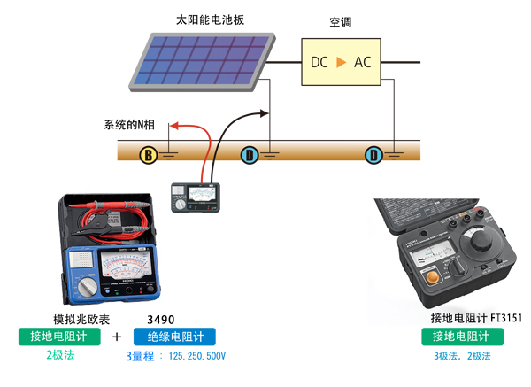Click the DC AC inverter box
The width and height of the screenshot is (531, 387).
click(x=340, y=61)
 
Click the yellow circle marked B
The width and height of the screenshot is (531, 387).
click(x=150, y=156)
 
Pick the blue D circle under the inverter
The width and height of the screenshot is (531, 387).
click(x=374, y=156)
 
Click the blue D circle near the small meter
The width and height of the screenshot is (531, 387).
click(x=250, y=156)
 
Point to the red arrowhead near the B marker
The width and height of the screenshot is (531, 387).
click(x=173, y=127)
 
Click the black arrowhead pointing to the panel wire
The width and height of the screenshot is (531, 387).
click(x=263, y=112)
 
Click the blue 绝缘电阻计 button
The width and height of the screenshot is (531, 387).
click(x=174, y=337)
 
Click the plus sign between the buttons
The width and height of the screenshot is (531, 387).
click(x=117, y=337)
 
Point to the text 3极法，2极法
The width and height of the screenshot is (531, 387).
click(x=462, y=356)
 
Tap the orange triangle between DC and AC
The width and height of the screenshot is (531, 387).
click(x=340, y=62)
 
